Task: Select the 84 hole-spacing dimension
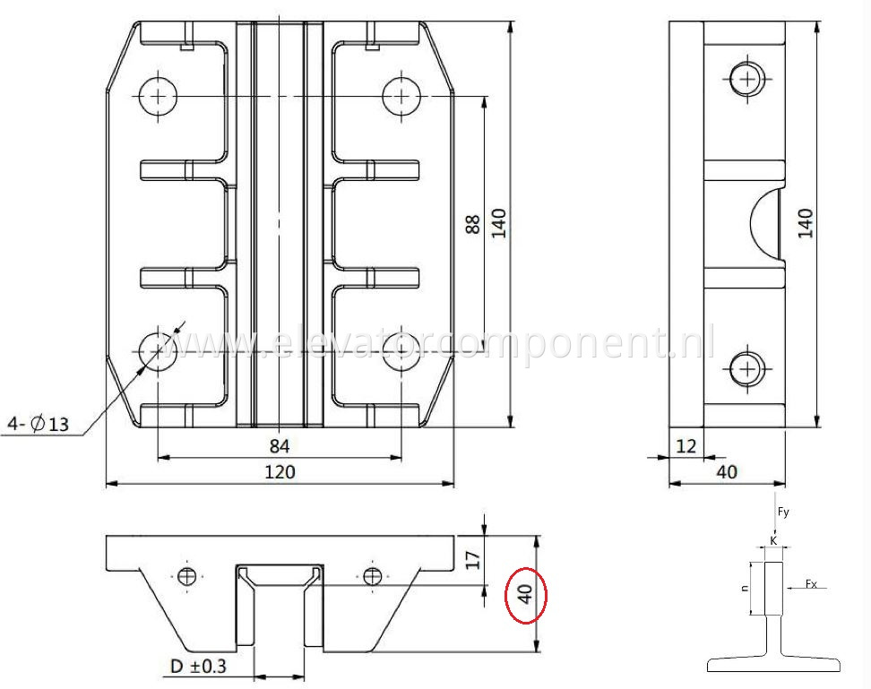tap(280, 445)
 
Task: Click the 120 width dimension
tap(280, 472)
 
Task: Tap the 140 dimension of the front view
tap(499, 223)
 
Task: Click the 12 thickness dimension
tap(686, 445)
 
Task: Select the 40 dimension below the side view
tap(727, 472)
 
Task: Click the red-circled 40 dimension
tap(525, 594)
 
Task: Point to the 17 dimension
tap(474, 559)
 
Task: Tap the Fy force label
tap(783, 512)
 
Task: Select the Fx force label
tap(811, 584)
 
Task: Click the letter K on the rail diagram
tap(774, 541)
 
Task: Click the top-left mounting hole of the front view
tap(159, 94)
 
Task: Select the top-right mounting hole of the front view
tap(401, 94)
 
